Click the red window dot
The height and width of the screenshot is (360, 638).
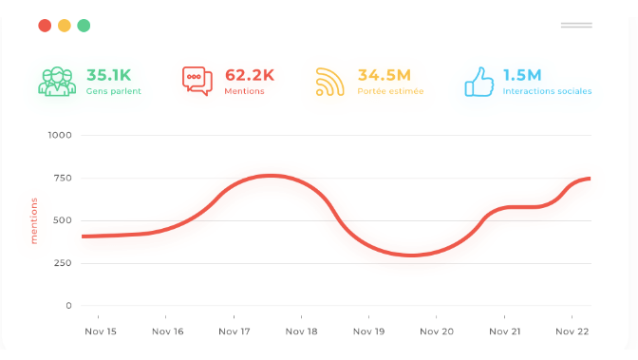(x=45, y=26)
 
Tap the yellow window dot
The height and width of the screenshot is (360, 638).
(x=65, y=26)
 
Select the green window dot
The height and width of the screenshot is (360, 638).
(x=84, y=26)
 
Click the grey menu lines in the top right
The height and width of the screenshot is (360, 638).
(x=576, y=25)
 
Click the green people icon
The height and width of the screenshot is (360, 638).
(x=57, y=81)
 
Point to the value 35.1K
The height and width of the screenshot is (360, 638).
(x=108, y=74)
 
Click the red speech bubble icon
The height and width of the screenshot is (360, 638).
(x=197, y=81)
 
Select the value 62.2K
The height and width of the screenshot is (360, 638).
(x=250, y=74)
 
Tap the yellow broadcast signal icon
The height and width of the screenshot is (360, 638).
(x=330, y=81)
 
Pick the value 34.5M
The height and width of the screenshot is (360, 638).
(x=384, y=74)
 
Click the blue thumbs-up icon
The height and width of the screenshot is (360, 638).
(x=478, y=81)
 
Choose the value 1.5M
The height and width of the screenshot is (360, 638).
(x=522, y=74)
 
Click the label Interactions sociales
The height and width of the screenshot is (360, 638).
(x=547, y=92)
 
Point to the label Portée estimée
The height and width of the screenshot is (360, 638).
(x=390, y=92)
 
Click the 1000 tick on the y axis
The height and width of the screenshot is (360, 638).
(x=60, y=135)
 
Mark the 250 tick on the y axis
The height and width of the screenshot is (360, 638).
(x=62, y=263)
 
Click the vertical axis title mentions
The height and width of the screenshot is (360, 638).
(x=34, y=220)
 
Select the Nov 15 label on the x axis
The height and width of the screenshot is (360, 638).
(x=100, y=332)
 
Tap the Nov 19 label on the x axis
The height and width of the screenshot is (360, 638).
(x=368, y=332)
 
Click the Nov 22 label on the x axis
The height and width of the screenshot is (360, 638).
(x=572, y=332)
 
